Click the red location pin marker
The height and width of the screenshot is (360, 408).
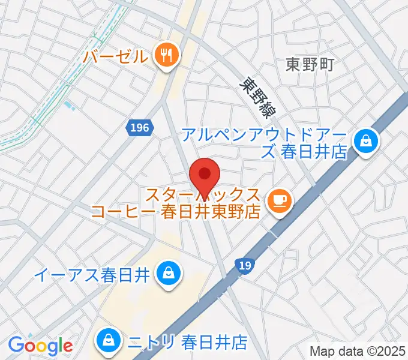205,175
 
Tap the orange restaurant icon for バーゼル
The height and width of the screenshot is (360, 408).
165,56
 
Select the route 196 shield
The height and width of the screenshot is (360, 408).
142,127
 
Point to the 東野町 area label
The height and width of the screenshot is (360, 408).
309,64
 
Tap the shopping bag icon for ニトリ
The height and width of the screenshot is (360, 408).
110,341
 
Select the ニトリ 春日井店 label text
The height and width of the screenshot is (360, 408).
187,342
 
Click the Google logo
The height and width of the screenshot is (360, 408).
40,346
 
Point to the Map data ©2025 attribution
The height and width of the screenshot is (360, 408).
358,350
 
